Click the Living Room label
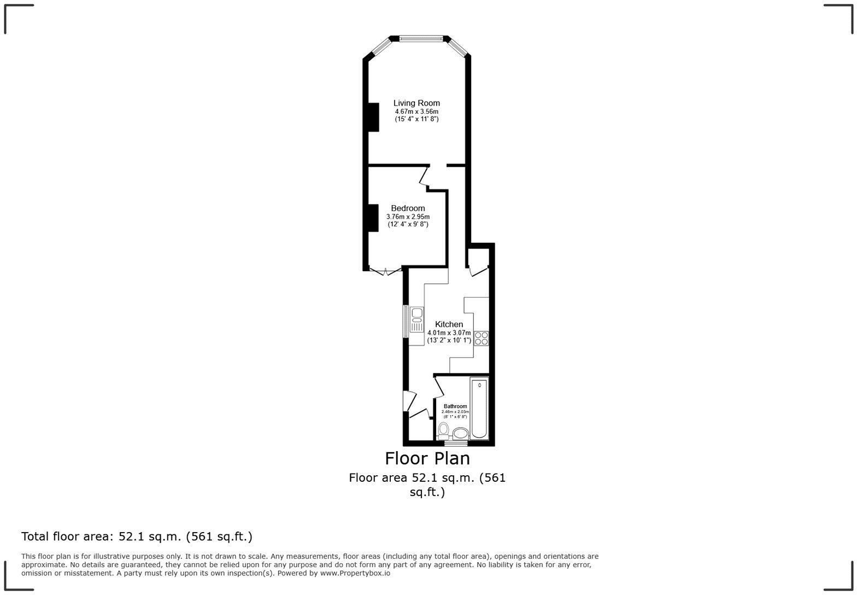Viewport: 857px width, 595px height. pyautogui.click(x=416, y=103)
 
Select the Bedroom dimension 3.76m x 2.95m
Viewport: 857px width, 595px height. pyautogui.click(x=408, y=217)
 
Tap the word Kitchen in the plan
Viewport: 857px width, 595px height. pyautogui.click(x=449, y=324)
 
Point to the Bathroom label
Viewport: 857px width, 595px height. pyautogui.click(x=455, y=406)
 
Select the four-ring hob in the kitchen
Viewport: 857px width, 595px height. pyautogui.click(x=481, y=338)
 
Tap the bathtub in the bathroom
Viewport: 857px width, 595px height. pyautogui.click(x=479, y=408)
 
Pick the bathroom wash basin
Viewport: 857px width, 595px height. pyautogui.click(x=460, y=434)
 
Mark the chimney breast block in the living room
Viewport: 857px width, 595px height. pyautogui.click(x=373, y=117)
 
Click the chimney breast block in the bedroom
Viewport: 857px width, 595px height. pyautogui.click(x=373, y=218)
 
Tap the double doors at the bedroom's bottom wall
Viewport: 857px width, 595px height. pyautogui.click(x=385, y=271)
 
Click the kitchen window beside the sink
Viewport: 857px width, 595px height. pyautogui.click(x=406, y=321)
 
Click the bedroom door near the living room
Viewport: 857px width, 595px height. pyautogui.click(x=424, y=177)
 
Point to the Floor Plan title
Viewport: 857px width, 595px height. pyautogui.click(x=427, y=458)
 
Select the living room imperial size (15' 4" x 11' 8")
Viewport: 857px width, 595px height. pyautogui.click(x=416, y=119)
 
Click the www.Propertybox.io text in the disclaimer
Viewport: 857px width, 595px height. pyautogui.click(x=355, y=573)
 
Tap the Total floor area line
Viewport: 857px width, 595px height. pyautogui.click(x=137, y=536)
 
